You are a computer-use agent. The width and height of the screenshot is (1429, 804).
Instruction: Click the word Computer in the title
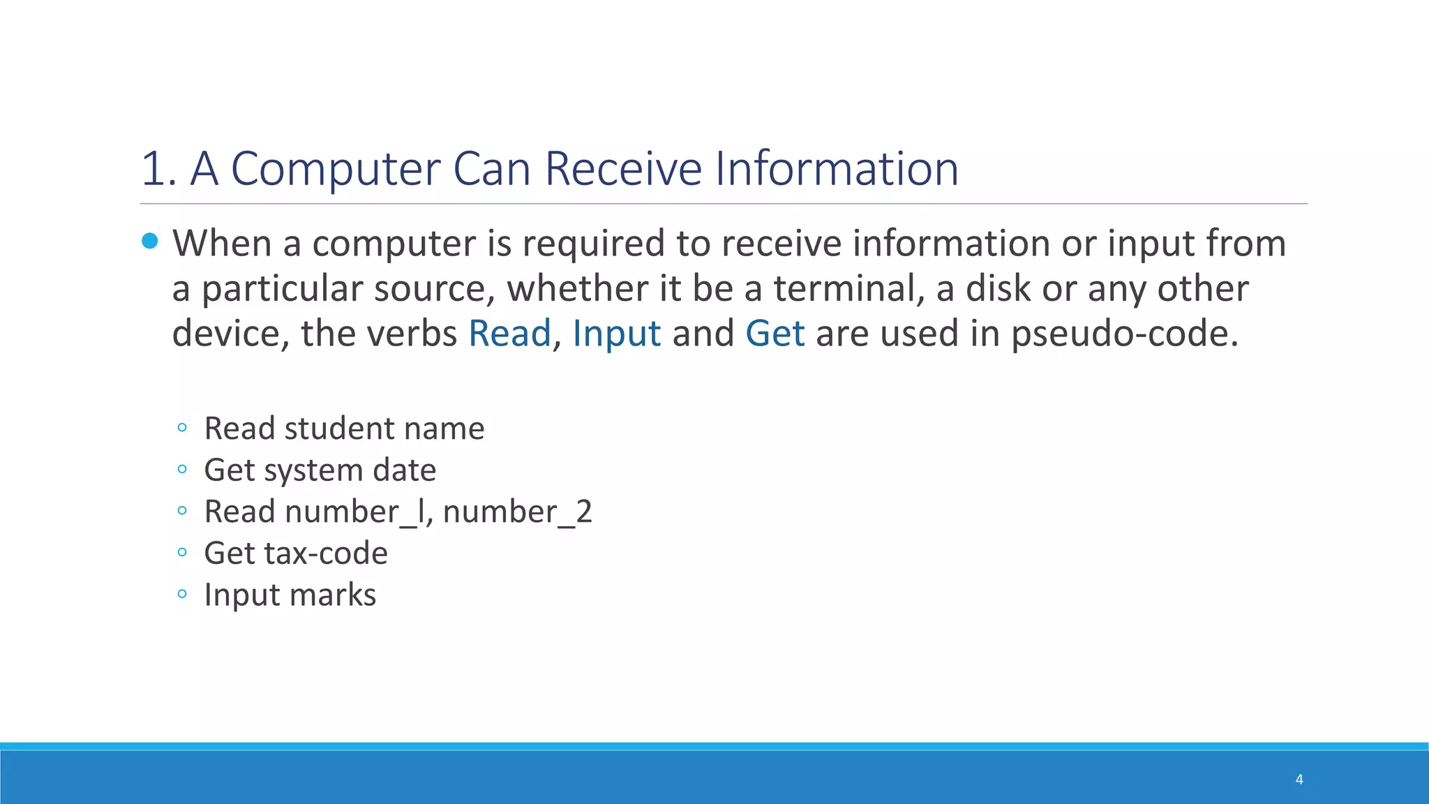click(335, 169)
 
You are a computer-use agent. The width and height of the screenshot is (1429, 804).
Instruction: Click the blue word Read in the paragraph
click(509, 333)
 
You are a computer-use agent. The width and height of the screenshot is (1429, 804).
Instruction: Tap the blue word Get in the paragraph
click(775, 333)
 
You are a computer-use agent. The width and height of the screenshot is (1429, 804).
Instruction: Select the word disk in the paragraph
click(998, 288)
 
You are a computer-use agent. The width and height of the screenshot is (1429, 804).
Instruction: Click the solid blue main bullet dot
click(150, 241)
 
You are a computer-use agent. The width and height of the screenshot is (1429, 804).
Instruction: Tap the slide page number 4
click(1299, 779)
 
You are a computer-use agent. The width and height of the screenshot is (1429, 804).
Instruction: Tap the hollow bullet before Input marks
click(182, 594)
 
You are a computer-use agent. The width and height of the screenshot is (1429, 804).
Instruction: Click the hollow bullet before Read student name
click(182, 427)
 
